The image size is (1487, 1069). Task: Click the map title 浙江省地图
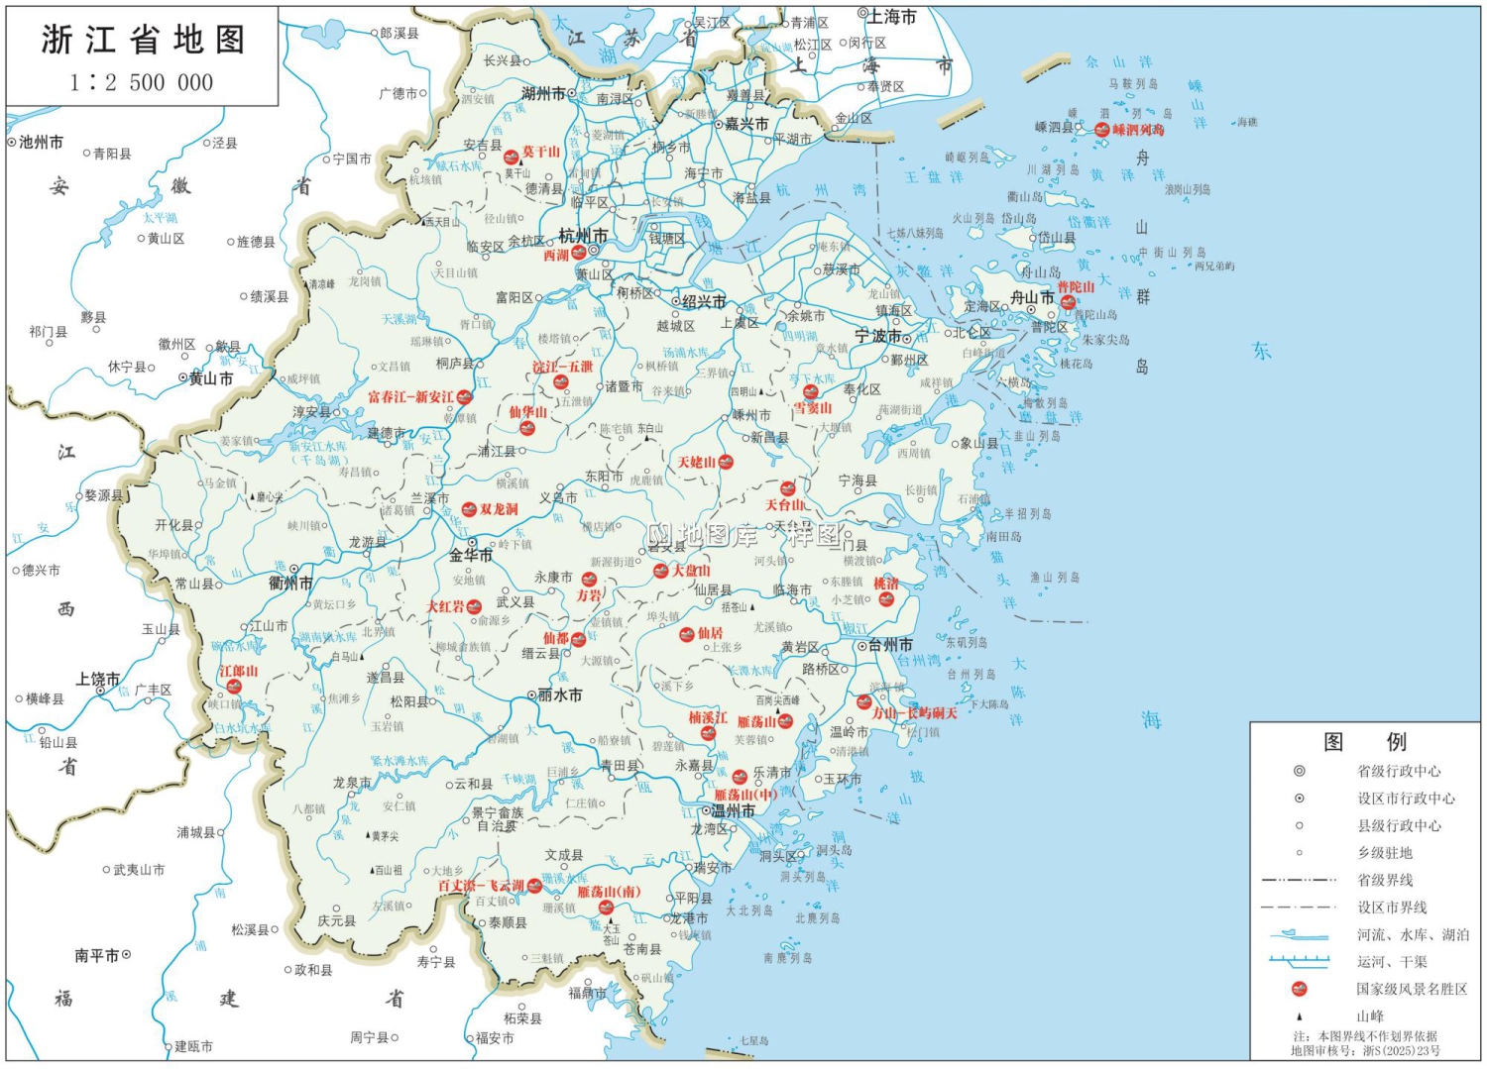tap(143, 40)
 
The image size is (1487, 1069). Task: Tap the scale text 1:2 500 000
tap(142, 82)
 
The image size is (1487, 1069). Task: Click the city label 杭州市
tap(583, 236)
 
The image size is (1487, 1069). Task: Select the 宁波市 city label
tap(876, 336)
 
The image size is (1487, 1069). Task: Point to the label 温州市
tap(734, 810)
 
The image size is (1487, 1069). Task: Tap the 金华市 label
tap(471, 556)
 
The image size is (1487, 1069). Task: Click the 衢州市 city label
tap(290, 584)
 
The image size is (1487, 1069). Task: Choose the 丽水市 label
tap(560, 695)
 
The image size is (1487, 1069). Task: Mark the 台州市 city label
tap(891, 645)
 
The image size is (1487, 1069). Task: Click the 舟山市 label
tap(1032, 297)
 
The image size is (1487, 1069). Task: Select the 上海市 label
tap(892, 17)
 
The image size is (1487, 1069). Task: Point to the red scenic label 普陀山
tap(1076, 287)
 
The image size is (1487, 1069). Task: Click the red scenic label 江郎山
tap(238, 671)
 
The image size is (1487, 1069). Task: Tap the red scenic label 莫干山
tap(541, 152)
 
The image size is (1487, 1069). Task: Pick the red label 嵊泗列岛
tap(1138, 130)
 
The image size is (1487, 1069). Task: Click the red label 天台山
tap(784, 504)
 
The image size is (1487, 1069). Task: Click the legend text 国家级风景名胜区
tap(1412, 989)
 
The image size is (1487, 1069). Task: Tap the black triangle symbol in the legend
tap(1300, 1016)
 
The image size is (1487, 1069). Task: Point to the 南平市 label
tap(96, 956)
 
